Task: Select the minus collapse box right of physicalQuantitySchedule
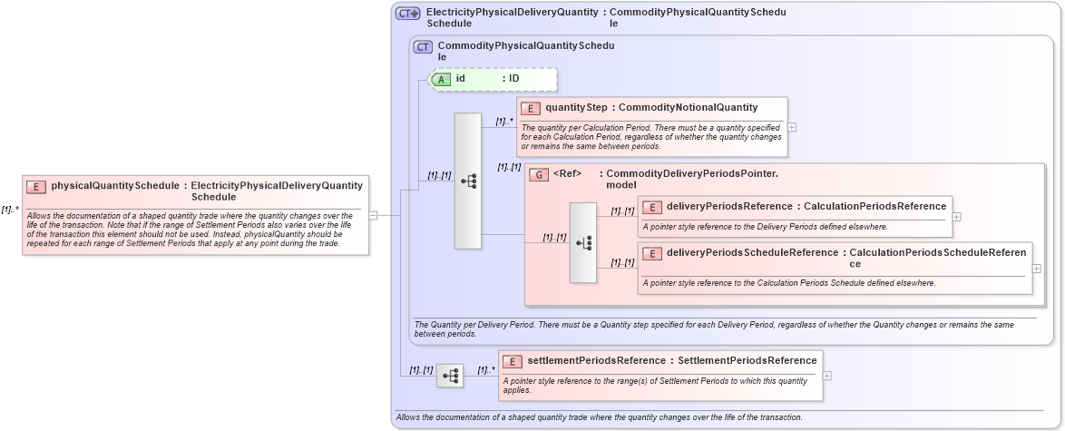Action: (373, 215)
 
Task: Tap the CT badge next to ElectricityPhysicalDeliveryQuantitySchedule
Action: (407, 14)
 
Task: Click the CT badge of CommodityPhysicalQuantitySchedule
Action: (423, 47)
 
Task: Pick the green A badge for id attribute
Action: (441, 79)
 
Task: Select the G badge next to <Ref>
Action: (539, 174)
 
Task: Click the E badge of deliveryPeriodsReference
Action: (652, 207)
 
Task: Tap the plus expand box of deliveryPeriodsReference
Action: (957, 217)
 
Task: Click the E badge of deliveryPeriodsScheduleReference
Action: (652, 253)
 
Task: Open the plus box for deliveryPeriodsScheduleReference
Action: (1037, 269)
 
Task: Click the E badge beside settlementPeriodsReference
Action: (513, 361)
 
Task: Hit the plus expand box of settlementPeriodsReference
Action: (827, 376)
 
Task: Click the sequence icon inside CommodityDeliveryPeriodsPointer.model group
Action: (583, 242)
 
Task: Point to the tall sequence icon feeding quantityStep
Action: (468, 181)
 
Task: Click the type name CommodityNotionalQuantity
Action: (688, 108)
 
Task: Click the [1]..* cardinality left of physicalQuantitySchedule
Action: (10, 210)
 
